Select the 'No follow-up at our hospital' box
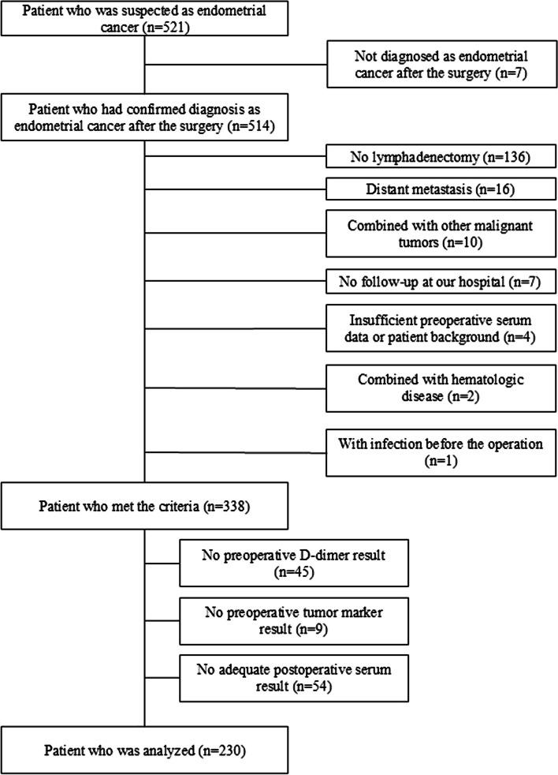pyautogui.click(x=439, y=279)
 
